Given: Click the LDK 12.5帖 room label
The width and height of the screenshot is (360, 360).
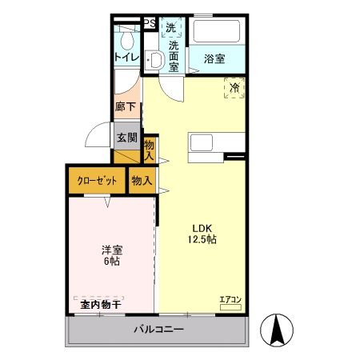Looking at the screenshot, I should coord(202,232).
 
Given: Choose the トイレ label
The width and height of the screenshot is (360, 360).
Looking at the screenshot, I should coord(126,57).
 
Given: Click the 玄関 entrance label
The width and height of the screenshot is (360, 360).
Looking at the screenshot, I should coord(126,137).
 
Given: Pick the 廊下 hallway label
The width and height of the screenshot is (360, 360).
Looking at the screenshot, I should coord(126,106).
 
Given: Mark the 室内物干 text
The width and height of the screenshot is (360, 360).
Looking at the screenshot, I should coord(100,304).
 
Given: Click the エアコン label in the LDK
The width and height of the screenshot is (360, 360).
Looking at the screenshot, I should coord(230,300).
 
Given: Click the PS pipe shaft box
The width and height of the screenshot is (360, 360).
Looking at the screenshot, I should coord(150,24).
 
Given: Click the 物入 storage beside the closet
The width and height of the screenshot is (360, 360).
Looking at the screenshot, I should coord(142,181).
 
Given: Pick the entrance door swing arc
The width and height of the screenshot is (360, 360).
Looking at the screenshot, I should coord(98,134).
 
